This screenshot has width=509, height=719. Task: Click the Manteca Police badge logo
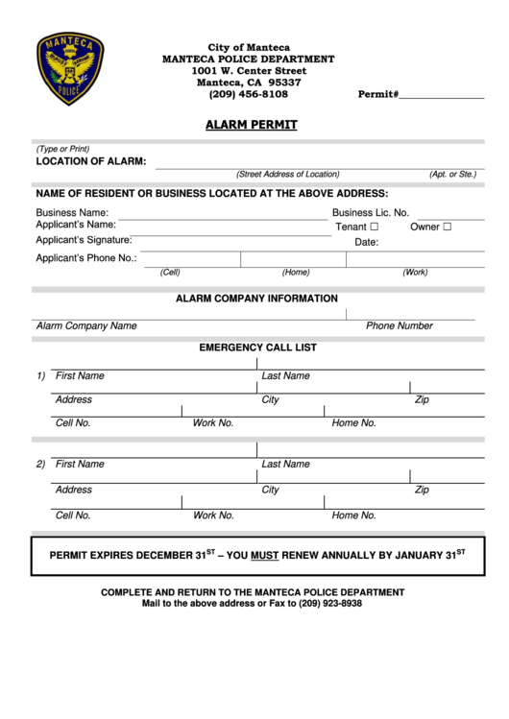pos(70,69)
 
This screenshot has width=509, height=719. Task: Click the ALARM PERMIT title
pos(252,125)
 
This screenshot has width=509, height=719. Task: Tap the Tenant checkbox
pos(374,228)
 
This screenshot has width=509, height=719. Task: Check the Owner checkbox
pos(447,228)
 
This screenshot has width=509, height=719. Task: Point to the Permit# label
pos(377,94)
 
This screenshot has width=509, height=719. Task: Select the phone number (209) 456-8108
pos(248,94)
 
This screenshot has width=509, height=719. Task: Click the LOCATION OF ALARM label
pos(91,161)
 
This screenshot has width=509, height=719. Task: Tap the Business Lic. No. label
pos(371,213)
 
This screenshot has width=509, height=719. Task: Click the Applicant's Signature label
pos(84,240)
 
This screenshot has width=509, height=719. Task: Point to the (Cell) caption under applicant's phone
pos(170,272)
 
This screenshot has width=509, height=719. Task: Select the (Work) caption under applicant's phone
pos(415,272)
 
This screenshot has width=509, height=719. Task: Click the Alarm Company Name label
pos(86,326)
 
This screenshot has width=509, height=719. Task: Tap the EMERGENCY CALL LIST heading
pos(257,348)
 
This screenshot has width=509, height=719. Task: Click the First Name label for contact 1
pos(80,376)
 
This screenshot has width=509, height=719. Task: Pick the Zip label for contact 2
pos(422,490)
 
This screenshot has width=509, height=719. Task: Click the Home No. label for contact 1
pos(353,422)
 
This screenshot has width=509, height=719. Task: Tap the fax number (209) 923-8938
pos(329,604)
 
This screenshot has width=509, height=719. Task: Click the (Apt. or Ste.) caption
pos(452,175)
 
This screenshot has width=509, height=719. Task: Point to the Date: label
pos(367,243)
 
